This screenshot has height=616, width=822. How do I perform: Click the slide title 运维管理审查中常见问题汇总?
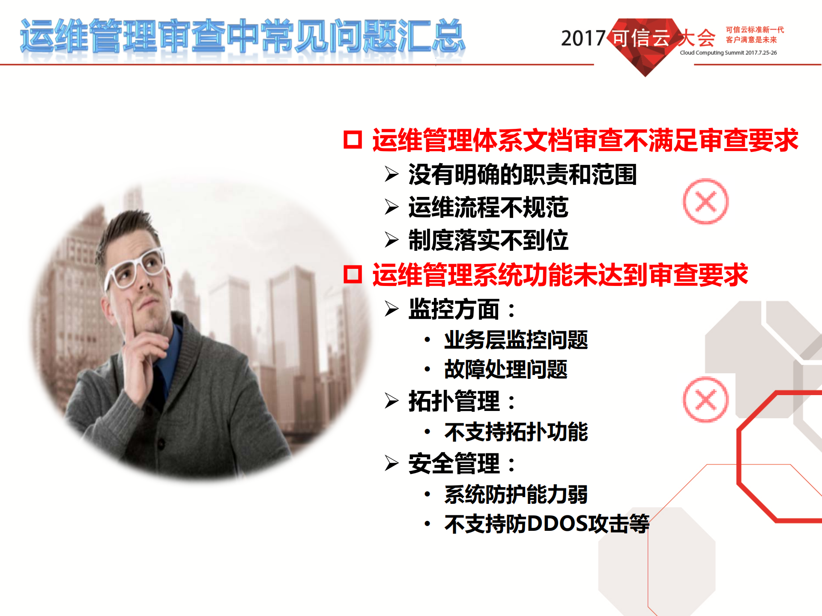click(242, 36)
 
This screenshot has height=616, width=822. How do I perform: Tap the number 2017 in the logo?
click(583, 39)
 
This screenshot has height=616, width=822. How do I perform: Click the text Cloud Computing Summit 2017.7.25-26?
click(728, 53)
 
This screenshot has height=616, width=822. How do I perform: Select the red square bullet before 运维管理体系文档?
click(353, 140)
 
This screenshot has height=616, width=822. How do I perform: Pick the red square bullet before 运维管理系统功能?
click(353, 274)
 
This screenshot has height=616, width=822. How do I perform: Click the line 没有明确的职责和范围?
click(522, 174)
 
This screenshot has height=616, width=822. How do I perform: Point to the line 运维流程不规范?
click(488, 207)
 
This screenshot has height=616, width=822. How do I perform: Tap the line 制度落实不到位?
click(488, 240)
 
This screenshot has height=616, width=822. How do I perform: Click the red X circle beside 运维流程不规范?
click(705, 202)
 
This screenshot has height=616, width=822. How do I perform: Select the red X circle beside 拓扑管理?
click(705, 400)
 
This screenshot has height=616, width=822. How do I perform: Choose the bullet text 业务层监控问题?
click(516, 340)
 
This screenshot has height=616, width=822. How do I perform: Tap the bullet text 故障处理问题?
click(505, 369)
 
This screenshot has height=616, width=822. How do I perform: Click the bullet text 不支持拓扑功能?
click(516, 431)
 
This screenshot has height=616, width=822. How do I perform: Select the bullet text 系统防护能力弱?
click(516, 494)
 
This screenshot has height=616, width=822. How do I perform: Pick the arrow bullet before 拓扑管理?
click(392, 401)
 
